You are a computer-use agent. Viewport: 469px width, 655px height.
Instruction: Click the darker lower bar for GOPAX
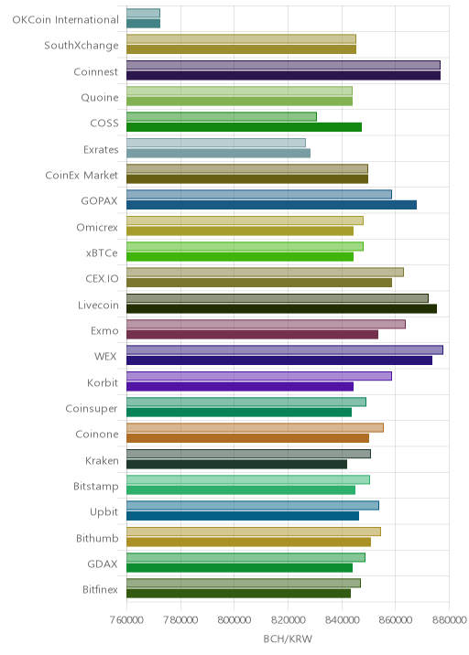[271, 205]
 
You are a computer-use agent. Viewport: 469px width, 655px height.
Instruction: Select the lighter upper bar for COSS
[222, 116]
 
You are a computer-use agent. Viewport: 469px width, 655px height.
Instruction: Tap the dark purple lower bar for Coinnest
[284, 76]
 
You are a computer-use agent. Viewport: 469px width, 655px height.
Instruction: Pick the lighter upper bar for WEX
[285, 350]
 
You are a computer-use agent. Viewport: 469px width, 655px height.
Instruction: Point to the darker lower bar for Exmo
[252, 335]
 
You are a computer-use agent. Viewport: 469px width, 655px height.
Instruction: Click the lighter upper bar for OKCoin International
[144, 13]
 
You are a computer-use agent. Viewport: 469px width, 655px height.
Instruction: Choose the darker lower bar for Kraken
[237, 464]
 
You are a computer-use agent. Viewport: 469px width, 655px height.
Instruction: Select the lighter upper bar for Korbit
[259, 376]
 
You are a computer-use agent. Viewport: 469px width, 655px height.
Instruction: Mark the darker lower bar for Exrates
[218, 154]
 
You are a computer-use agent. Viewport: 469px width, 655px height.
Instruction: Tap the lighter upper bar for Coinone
[256, 428]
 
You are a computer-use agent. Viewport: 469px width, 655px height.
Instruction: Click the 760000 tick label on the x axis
[126, 620]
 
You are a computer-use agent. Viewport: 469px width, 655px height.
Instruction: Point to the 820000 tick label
[288, 620]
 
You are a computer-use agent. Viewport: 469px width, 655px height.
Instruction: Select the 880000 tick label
[449, 620]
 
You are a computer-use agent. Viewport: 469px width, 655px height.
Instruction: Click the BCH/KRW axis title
[288, 639]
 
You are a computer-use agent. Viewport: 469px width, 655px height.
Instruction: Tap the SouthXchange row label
[82, 45]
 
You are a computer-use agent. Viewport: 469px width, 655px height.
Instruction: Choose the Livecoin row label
[98, 305]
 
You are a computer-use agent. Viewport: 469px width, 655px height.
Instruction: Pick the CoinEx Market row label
[82, 175]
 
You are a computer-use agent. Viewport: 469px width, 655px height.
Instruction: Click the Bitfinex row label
[101, 589]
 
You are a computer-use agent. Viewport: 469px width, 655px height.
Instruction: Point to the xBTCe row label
[102, 252]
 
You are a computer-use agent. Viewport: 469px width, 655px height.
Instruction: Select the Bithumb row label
[97, 538]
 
